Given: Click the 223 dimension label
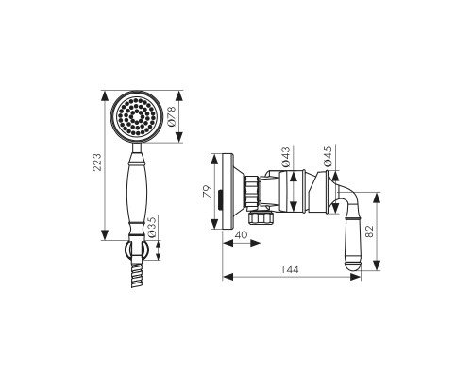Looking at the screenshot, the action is (97, 162).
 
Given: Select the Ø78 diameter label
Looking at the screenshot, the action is (172, 116).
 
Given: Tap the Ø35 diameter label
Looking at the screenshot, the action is (152, 227).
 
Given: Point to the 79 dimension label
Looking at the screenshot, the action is (207, 191).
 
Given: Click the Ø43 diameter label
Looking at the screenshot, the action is (286, 158).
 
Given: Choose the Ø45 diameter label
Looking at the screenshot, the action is (328, 156).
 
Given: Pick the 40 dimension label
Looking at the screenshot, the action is (242, 235).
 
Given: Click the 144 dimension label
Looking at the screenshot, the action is (290, 269).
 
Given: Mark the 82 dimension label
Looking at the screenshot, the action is (369, 231).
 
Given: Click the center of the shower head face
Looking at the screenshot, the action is (137, 117).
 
